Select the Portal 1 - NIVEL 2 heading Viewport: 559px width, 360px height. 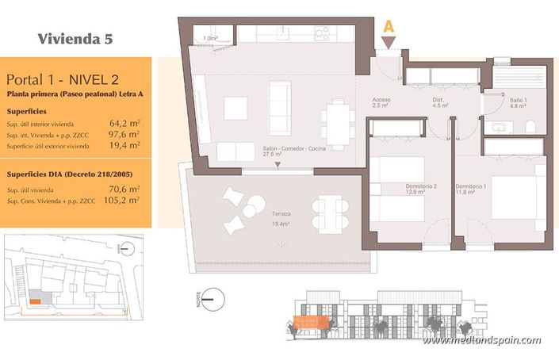(58, 80)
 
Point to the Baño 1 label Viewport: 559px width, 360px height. (519, 100)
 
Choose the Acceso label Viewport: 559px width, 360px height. (381, 100)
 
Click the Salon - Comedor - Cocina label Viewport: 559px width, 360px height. (293, 149)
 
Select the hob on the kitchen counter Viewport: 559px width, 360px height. (321, 33)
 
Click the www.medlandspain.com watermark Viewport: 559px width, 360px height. (481, 341)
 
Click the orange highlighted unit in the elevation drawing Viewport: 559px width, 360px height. (311, 322)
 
